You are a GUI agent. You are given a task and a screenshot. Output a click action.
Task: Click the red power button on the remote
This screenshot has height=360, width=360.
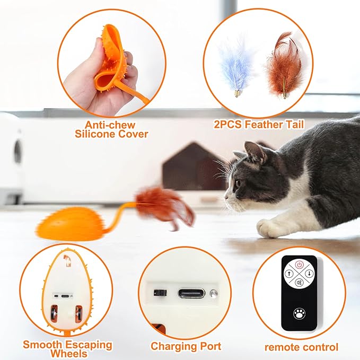(299, 264)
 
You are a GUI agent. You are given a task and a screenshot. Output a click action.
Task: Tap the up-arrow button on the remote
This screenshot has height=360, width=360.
(288, 274)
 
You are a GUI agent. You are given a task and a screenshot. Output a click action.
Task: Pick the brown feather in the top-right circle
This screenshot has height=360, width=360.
(281, 64)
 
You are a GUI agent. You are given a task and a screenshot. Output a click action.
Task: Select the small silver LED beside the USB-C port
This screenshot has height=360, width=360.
(213, 293)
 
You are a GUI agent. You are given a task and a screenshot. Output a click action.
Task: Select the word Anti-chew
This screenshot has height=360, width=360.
(109, 125)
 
